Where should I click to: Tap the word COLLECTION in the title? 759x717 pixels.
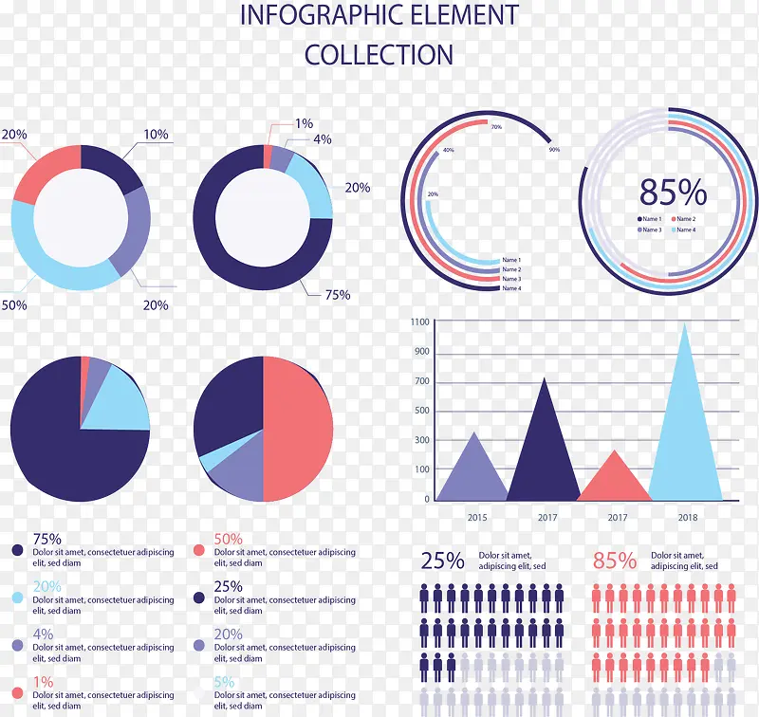[x=379, y=55]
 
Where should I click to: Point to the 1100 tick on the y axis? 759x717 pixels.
[x=420, y=322]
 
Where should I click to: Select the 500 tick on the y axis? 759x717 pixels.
[x=422, y=411]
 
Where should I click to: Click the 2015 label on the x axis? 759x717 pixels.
[x=476, y=518]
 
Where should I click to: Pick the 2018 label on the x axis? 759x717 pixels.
[x=688, y=518]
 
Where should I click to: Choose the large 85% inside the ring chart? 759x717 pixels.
[x=673, y=193]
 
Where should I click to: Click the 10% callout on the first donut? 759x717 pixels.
[x=156, y=135]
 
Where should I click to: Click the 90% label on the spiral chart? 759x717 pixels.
[x=554, y=150]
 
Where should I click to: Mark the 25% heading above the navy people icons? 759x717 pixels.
[x=442, y=561]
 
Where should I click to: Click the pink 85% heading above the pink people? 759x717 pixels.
[x=615, y=561]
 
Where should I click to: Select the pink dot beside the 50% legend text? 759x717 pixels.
[x=199, y=550]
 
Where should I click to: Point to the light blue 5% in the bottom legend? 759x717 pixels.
[x=224, y=682]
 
